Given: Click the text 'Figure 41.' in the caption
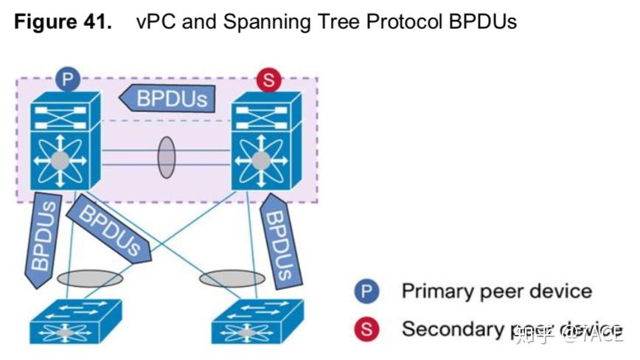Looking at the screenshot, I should (x=63, y=21).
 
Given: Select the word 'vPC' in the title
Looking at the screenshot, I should (x=156, y=21).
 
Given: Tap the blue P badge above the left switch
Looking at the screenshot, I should (x=68, y=79).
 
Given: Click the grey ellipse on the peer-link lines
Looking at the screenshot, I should (x=167, y=156).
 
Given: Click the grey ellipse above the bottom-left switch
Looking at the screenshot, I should (x=90, y=279).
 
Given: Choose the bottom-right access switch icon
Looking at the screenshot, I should (x=256, y=322).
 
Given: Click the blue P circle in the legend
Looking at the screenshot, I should (x=366, y=291).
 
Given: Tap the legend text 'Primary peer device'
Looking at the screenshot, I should (x=496, y=291).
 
